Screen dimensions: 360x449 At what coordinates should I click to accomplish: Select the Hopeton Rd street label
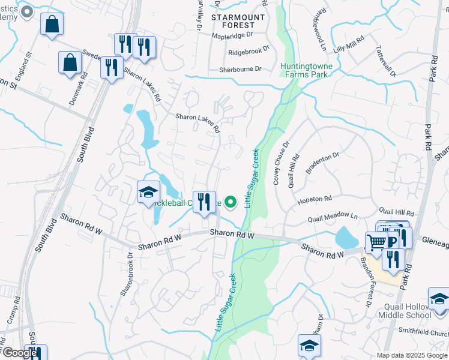coord(315,199)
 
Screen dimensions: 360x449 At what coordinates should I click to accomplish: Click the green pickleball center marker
coord(229,201)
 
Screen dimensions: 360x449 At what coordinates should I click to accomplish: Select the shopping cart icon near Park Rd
coord(376,242)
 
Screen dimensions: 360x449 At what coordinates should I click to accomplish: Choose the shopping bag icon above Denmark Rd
coord(70,62)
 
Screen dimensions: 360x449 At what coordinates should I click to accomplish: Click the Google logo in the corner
coord(19,353)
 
